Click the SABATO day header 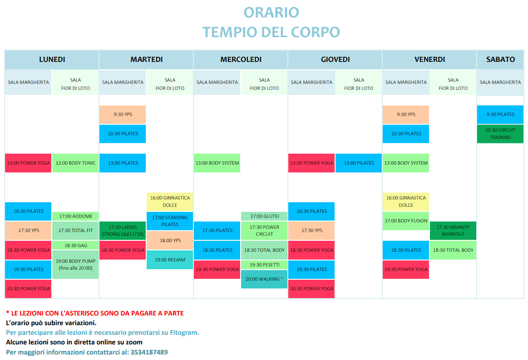coord(500,60)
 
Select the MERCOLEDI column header coord(241,60)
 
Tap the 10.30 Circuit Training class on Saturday coord(500,134)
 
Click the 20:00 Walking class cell coord(264,279)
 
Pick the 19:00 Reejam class coord(170,260)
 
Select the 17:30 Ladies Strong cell coord(122,231)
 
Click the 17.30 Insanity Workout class coord(453,231)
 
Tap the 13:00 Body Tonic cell coord(76,163)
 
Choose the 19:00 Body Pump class coord(76,265)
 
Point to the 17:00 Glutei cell coord(264,216)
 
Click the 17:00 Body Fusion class coord(406,221)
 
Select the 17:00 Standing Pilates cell coord(170,221)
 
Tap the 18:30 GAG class coord(76,245)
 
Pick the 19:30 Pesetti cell coord(264,265)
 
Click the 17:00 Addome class coord(76,216)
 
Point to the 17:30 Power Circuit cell coord(264,231)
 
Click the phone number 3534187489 coord(149,352)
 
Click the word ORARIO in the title coord(271,13)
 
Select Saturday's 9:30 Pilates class coord(500,115)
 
